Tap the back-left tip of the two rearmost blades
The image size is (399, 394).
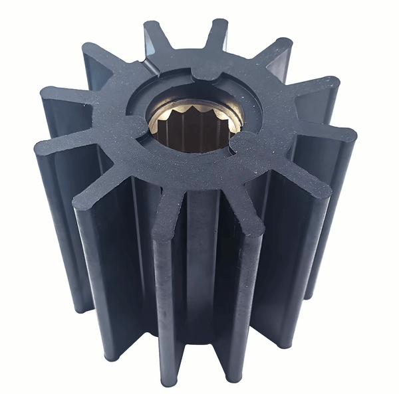click(x=154, y=29)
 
